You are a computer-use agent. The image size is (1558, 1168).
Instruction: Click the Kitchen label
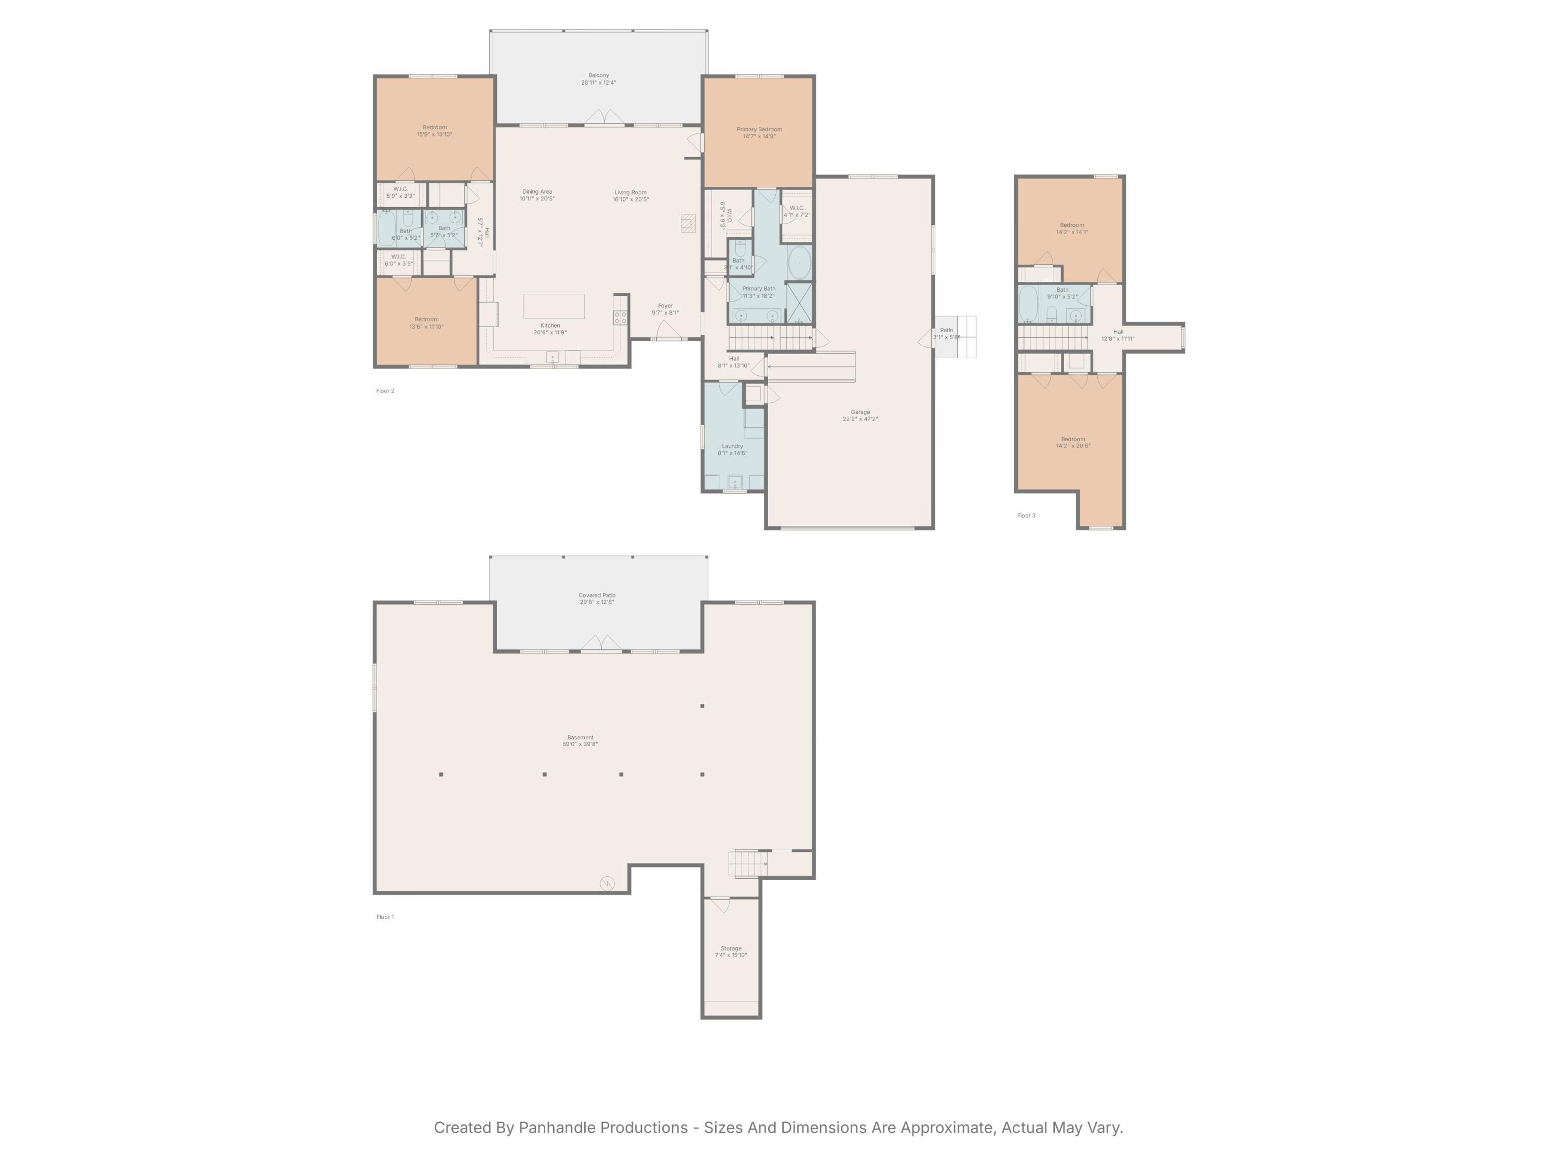pos(550,325)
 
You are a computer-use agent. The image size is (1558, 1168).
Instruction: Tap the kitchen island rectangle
pos(554,306)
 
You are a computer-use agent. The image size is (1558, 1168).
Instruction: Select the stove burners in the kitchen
pos(620,318)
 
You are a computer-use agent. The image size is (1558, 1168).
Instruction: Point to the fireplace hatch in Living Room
pos(688,224)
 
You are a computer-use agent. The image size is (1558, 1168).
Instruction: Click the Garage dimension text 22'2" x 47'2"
pos(860,419)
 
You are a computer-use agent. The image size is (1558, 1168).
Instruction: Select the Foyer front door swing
pos(668,330)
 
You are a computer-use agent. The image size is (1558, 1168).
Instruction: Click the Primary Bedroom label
pos(759,130)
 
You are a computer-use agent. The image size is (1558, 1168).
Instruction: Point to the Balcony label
pos(599,75)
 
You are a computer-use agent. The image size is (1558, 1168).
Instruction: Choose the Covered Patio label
pos(597,595)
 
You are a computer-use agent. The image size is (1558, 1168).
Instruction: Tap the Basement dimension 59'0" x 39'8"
pos(581,744)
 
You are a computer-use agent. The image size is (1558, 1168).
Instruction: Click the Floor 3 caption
pos(1026,515)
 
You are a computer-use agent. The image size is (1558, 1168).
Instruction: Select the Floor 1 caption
pos(385,917)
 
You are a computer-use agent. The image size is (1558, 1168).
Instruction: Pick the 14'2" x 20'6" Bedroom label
pos(1073,442)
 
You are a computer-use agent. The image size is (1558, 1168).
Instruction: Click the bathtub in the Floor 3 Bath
pos(1028,304)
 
